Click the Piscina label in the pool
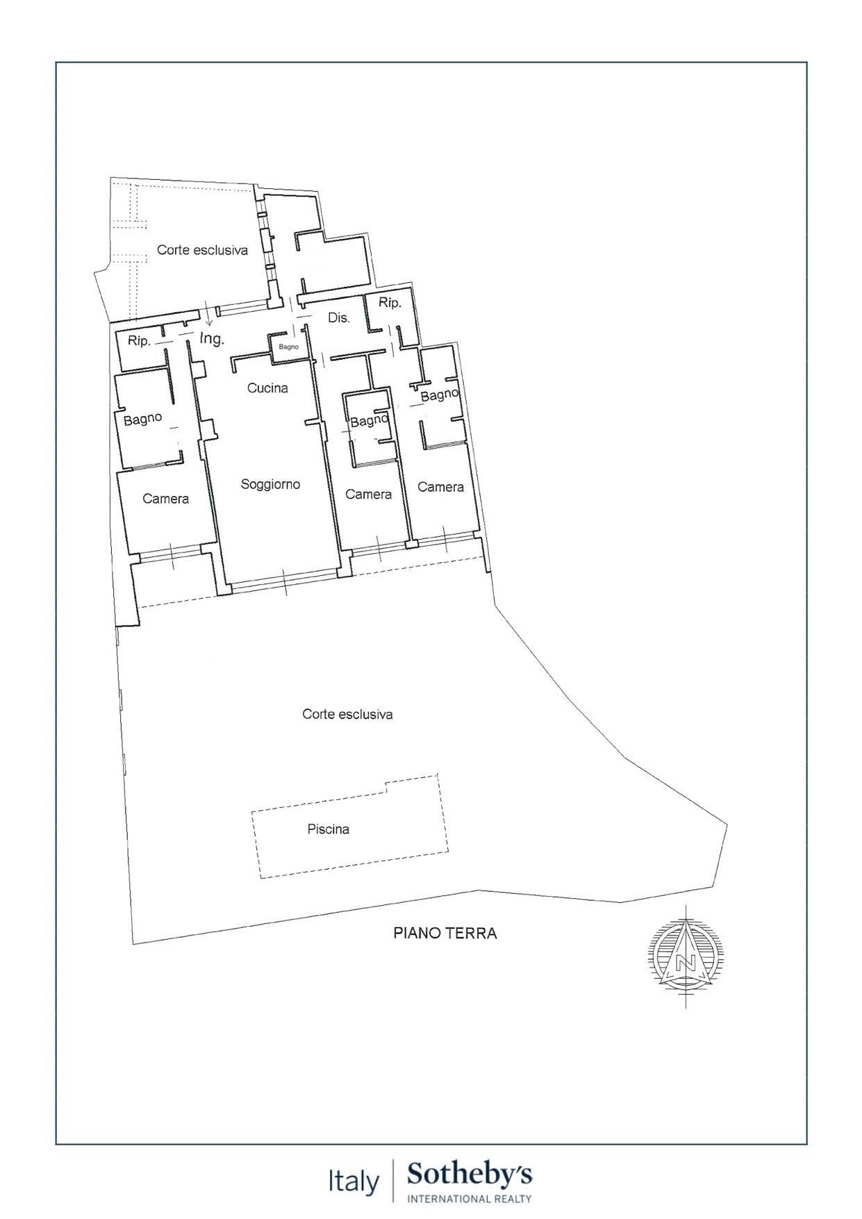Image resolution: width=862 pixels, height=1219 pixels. point(328,829)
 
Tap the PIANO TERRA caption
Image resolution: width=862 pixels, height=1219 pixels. point(445,933)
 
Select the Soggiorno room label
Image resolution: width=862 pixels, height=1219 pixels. point(270,484)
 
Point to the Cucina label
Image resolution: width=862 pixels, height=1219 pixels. point(267,388)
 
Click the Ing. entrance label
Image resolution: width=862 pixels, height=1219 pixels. point(212,339)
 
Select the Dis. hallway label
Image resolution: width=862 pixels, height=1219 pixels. point(338,318)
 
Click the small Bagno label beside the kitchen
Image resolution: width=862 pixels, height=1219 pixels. point(288,347)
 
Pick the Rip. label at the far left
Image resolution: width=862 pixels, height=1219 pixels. point(139,341)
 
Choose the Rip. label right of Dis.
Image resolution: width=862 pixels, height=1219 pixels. point(390,303)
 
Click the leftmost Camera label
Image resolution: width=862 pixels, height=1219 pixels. point(165,499)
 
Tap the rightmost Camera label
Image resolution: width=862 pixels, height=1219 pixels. point(440,487)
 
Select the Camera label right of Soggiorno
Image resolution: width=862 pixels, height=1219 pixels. point(368,495)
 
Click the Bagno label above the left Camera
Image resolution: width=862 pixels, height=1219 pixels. point(142,420)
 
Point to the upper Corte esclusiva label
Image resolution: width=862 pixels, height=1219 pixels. point(202,250)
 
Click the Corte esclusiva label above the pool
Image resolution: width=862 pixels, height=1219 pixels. point(347,714)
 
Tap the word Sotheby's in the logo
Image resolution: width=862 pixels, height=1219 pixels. point(470,1175)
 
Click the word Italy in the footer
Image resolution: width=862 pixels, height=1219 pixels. point(354,1181)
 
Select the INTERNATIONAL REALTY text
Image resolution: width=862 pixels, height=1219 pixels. point(470,1198)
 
